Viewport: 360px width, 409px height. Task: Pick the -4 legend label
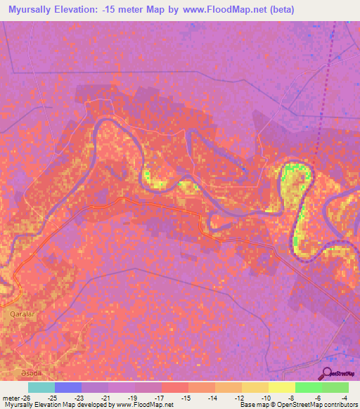coord(345,398)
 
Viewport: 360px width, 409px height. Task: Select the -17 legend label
coord(159,398)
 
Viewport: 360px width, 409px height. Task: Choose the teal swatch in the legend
coord(41,387)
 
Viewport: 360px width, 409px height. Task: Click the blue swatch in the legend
coord(68,387)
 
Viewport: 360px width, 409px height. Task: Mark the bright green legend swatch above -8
coord(309,387)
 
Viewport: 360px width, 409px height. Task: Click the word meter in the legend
coord(11,398)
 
